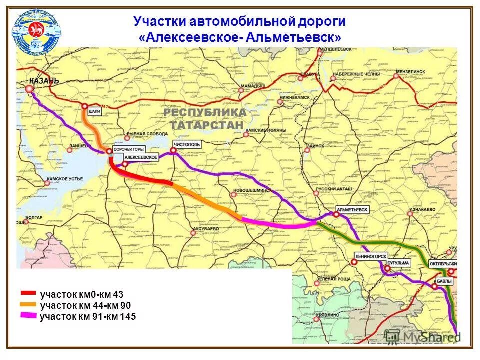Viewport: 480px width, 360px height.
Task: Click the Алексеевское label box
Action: pyautogui.click(x=142, y=158)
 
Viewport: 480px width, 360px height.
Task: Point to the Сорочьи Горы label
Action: pyautogui.click(x=129, y=149)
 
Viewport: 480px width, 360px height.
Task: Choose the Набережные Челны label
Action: pyautogui.click(x=356, y=74)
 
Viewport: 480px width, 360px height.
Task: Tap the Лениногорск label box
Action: pyautogui.click(x=371, y=256)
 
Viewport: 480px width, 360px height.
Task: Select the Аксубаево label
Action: pyautogui.click(x=205, y=229)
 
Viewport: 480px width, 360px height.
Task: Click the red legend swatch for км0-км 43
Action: pyautogui.click(x=28, y=294)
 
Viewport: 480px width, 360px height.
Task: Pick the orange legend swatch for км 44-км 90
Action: pyautogui.click(x=28, y=304)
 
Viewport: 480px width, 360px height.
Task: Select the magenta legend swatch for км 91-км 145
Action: pyautogui.click(x=28, y=315)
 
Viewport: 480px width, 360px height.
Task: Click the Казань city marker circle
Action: pyautogui.click(x=29, y=89)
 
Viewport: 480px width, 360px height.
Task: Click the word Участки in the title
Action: pyautogui.click(x=158, y=21)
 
